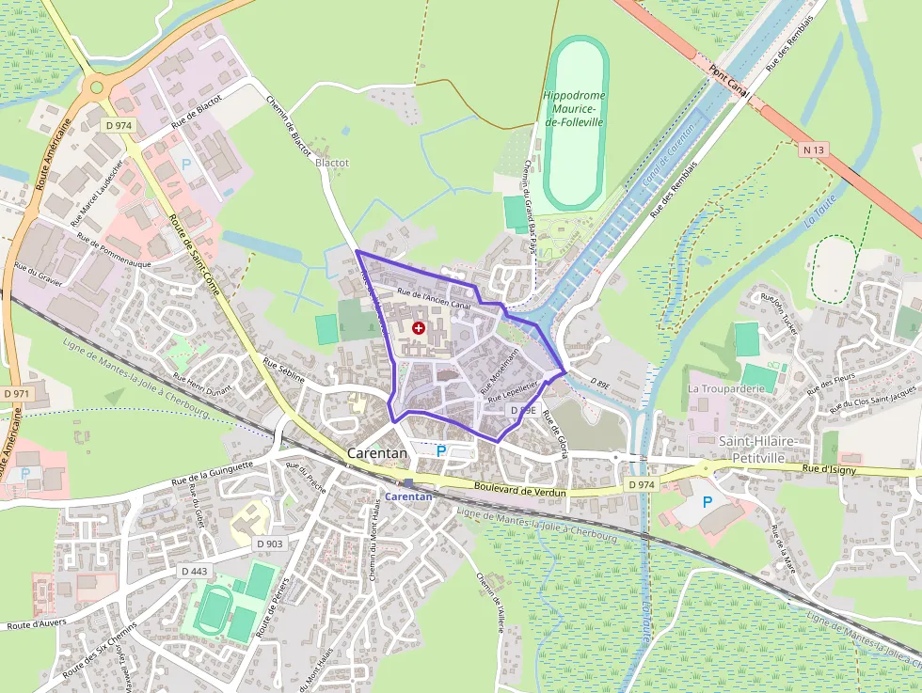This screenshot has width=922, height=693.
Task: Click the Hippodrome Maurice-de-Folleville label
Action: pyautogui.click(x=574, y=109)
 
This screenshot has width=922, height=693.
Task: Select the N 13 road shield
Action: pyautogui.click(x=814, y=149)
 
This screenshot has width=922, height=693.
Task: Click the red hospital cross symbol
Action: pyautogui.click(x=418, y=328)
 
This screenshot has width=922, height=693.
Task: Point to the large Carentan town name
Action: pyautogui.click(x=377, y=453)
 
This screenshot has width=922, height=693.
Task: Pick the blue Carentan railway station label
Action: pyautogui.click(x=409, y=496)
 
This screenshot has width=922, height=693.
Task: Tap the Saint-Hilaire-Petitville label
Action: pyautogui.click(x=758, y=449)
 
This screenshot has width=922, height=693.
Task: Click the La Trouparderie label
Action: pyautogui.click(x=724, y=388)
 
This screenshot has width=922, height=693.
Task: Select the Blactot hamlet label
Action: pyautogui.click(x=332, y=163)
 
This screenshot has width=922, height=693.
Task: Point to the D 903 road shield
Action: pyautogui.click(x=269, y=543)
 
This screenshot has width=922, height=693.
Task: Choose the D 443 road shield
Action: pyautogui.click(x=194, y=571)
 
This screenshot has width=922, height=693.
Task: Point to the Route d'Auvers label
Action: pyautogui.click(x=34, y=623)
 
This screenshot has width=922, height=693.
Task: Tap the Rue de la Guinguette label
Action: pyautogui.click(x=213, y=473)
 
